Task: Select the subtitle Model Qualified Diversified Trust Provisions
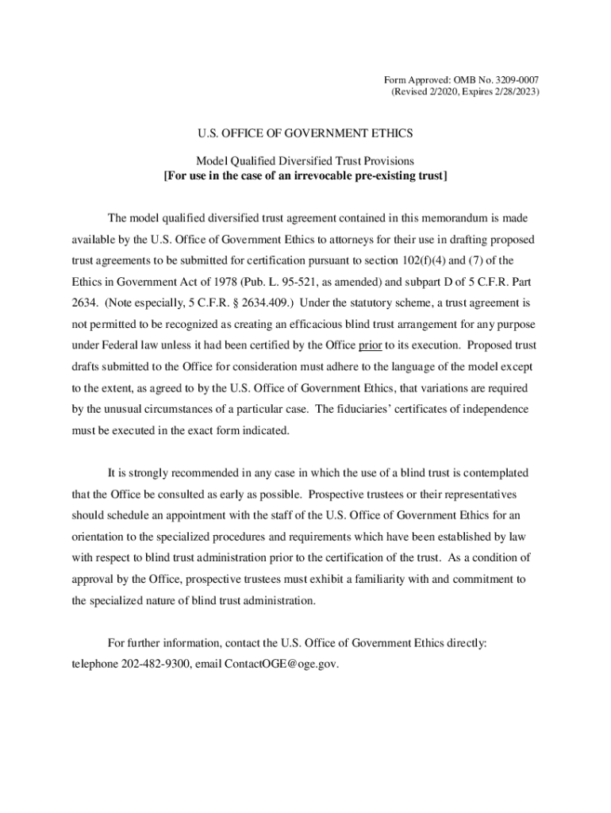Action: click(x=305, y=161)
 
